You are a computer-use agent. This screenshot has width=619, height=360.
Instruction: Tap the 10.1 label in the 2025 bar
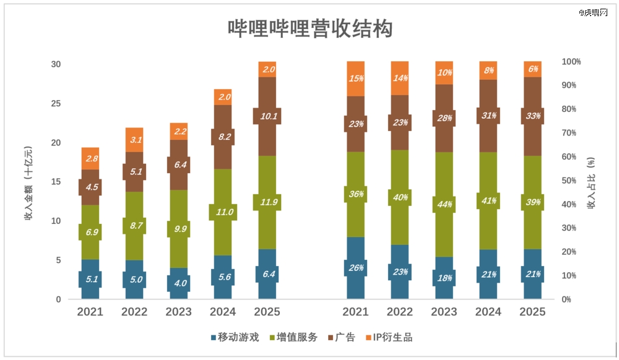tap(267, 116)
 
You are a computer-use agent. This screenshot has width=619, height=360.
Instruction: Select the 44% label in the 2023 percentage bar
tap(444, 204)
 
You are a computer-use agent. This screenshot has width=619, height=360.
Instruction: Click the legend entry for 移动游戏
tap(235, 337)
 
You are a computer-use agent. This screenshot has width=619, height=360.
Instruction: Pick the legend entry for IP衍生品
tap(388, 337)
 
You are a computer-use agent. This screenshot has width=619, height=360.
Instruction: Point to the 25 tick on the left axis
tap(56, 103)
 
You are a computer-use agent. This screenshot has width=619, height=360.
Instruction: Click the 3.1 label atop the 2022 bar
tap(134, 140)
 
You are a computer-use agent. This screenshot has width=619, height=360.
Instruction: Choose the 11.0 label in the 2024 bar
tap(223, 212)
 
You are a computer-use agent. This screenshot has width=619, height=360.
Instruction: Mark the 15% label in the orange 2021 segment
tap(355, 79)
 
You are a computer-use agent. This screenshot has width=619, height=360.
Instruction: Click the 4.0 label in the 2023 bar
tap(179, 283)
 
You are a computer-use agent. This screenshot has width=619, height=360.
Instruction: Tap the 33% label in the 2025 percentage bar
tap(532, 116)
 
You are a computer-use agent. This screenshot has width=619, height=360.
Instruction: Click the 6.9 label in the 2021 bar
tap(90, 232)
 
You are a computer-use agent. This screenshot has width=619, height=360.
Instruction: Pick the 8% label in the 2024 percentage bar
tap(488, 71)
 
